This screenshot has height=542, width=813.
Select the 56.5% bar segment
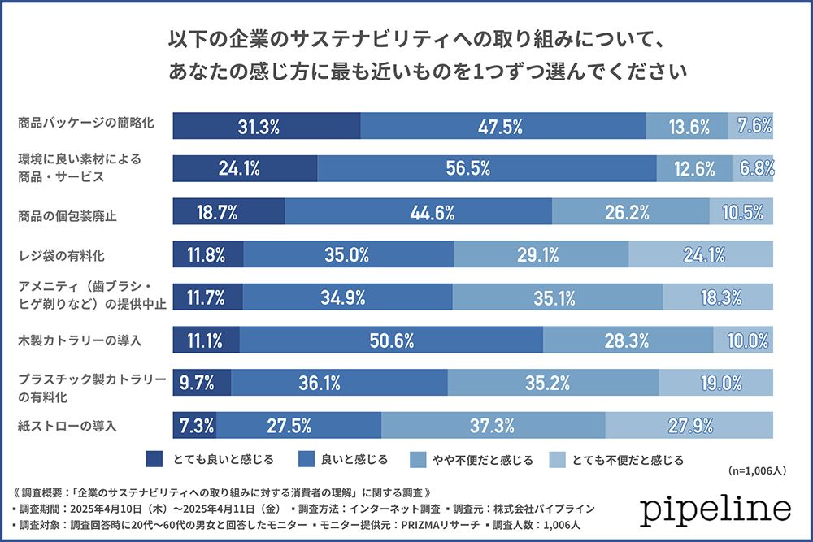pyautogui.click(x=487, y=168)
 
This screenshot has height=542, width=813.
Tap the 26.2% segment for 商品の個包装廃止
pyautogui.click(x=631, y=212)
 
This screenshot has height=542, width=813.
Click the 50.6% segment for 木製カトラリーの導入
pyautogui.click(x=391, y=340)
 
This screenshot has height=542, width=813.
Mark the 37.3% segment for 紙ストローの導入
pyautogui.click(x=493, y=425)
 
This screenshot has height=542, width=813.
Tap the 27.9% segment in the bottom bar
pyautogui.click(x=689, y=425)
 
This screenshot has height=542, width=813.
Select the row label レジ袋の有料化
pyautogui.click(x=62, y=256)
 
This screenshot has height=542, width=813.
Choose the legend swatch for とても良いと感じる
pyautogui.click(x=154, y=460)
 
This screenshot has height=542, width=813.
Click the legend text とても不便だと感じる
pyautogui.click(x=631, y=460)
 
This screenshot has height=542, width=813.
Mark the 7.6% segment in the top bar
pyautogui.click(x=750, y=126)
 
